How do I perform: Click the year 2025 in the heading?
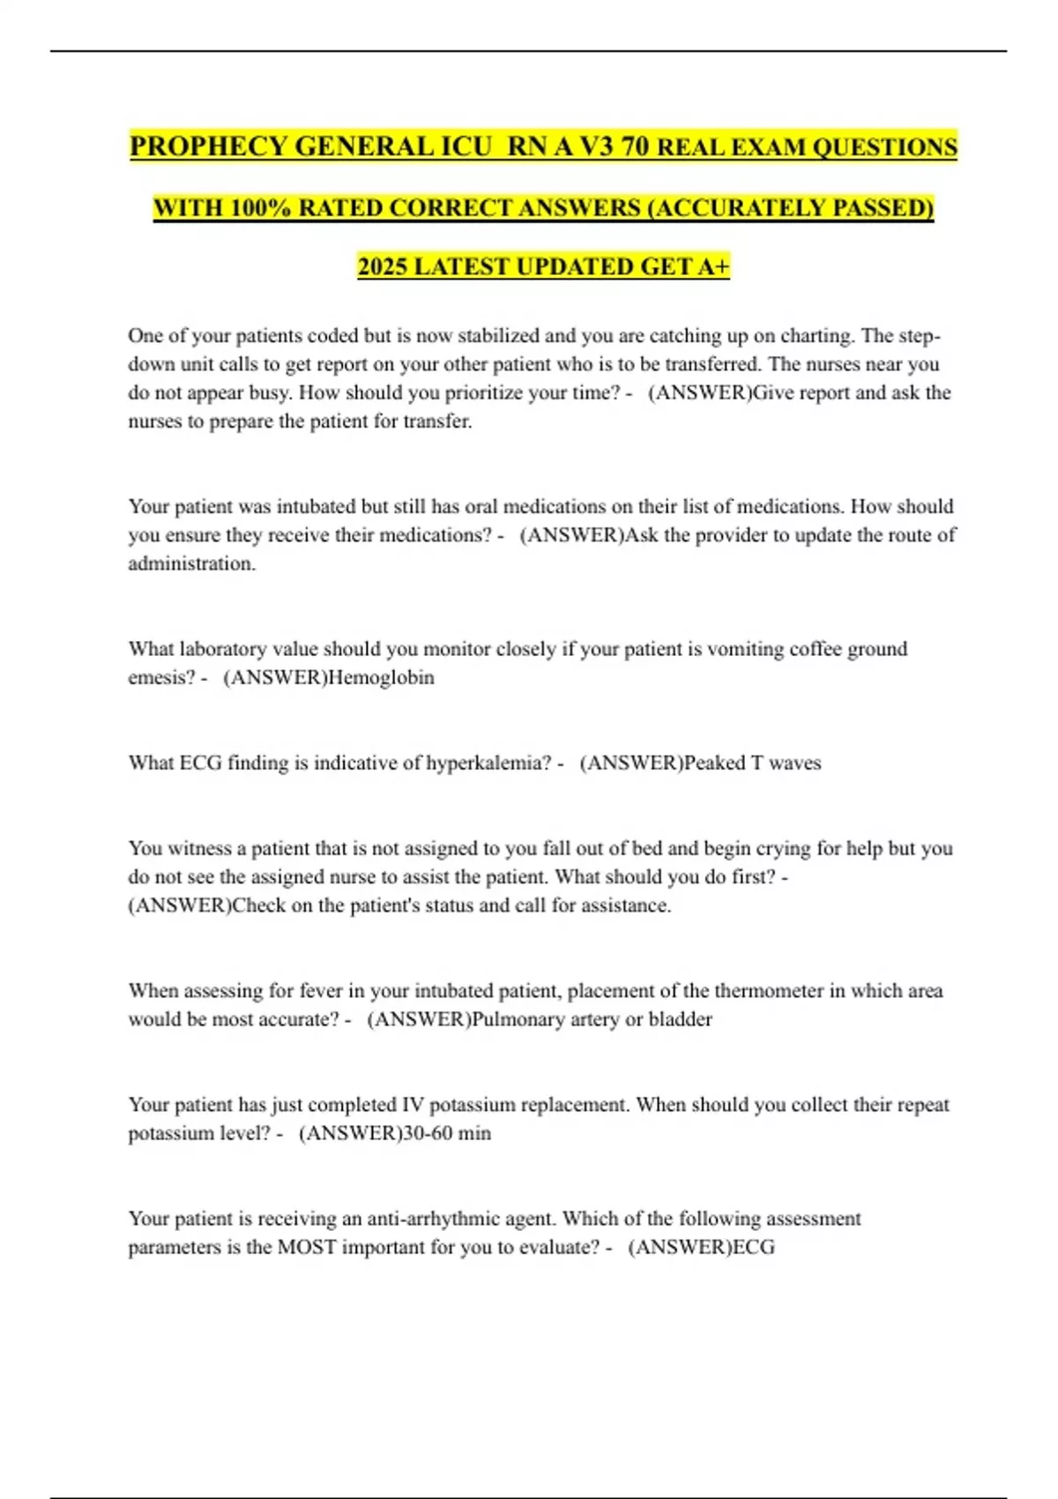pyautogui.click(x=382, y=266)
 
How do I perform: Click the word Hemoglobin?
pyautogui.click(x=381, y=677)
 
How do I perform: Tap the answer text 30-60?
pyautogui.click(x=427, y=1133)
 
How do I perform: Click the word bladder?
pyautogui.click(x=680, y=1019)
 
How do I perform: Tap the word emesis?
pyautogui.click(x=160, y=677)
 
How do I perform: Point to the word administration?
pyautogui.click(x=191, y=563)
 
